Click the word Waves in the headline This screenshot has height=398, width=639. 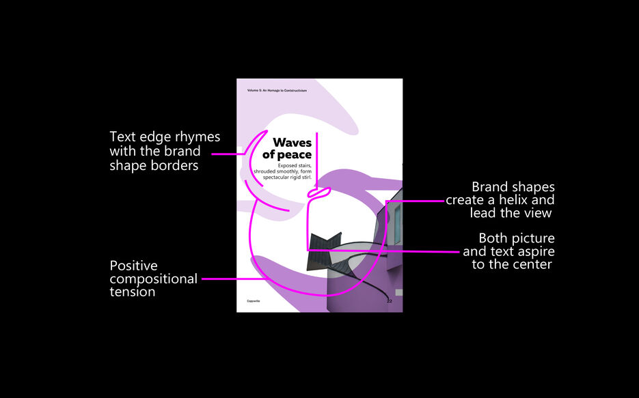292,143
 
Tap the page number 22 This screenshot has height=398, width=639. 389,300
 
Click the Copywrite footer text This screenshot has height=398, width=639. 254,300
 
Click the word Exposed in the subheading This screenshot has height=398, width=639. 279,165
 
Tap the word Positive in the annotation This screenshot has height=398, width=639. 133,266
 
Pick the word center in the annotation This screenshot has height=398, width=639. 532,264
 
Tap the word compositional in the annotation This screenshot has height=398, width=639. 153,279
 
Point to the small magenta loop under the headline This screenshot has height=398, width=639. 317,194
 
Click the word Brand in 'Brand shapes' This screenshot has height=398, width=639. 489,187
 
